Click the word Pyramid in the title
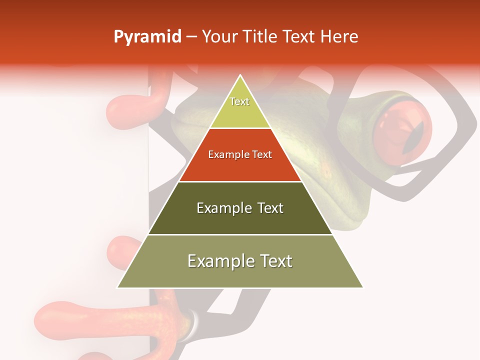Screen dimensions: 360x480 (147, 37)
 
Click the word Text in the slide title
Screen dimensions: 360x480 (299, 37)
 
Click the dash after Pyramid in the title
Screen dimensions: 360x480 (191, 37)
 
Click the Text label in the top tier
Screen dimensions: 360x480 (239, 101)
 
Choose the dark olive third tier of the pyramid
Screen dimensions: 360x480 (240, 220)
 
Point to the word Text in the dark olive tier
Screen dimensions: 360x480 (271, 208)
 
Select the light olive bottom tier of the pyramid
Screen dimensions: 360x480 (240, 275)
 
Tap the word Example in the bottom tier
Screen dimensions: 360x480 (219, 261)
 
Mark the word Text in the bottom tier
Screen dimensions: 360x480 (275, 261)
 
